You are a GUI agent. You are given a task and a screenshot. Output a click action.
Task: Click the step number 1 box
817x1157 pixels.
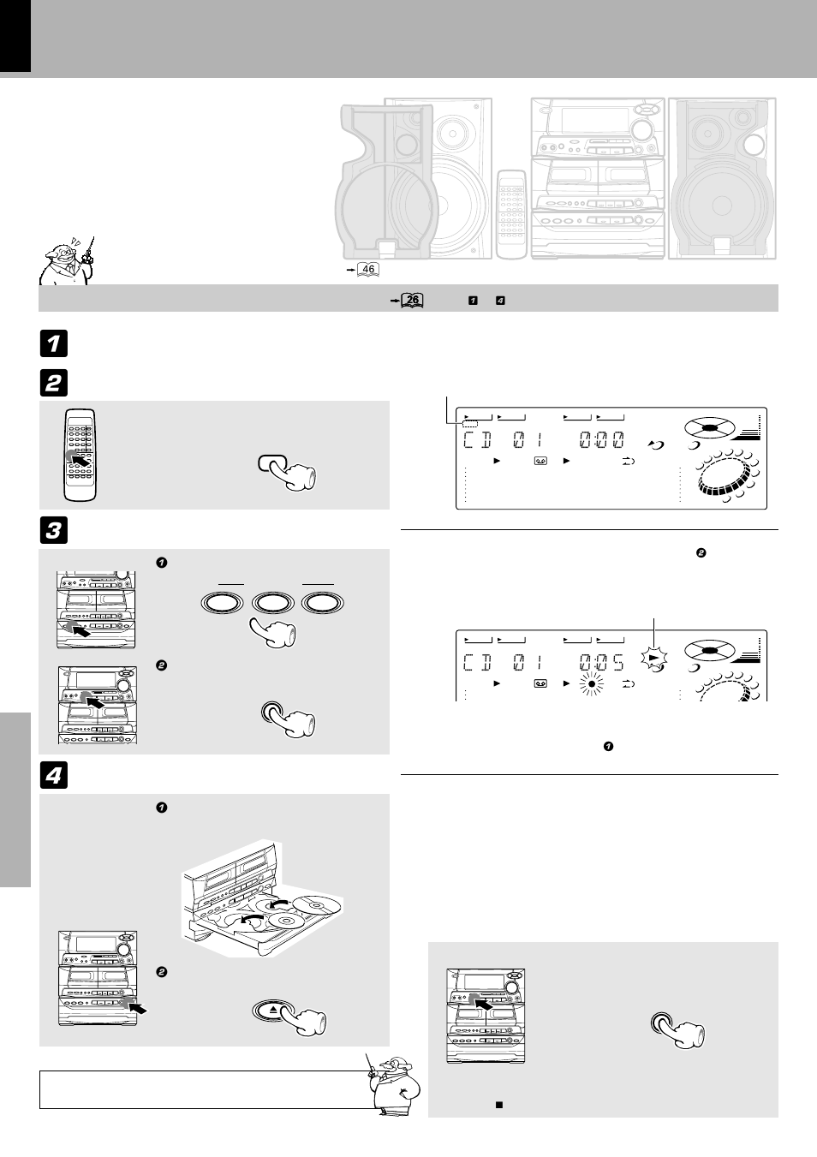(x=52, y=343)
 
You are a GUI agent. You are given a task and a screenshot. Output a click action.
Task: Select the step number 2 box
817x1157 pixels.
(x=52, y=382)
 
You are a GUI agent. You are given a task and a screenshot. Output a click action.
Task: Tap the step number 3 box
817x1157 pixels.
(x=52, y=530)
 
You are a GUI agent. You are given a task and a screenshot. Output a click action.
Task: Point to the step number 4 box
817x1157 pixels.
(x=52, y=776)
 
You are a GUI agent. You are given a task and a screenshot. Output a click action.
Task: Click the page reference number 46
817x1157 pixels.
(x=367, y=270)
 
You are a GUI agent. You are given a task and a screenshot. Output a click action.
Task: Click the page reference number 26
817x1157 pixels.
(x=412, y=300)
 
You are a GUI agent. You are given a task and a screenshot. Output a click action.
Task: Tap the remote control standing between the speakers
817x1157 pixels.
(x=512, y=214)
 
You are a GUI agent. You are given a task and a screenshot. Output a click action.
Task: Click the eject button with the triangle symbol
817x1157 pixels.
(x=273, y=1010)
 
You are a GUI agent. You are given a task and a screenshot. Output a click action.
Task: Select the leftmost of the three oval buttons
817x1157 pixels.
(x=224, y=602)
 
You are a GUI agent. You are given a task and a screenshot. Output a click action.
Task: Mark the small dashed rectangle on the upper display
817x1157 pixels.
(x=469, y=424)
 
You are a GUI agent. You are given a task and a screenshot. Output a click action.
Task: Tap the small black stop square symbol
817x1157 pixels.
(x=498, y=1105)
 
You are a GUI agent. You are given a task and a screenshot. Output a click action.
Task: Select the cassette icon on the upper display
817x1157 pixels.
(x=540, y=462)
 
